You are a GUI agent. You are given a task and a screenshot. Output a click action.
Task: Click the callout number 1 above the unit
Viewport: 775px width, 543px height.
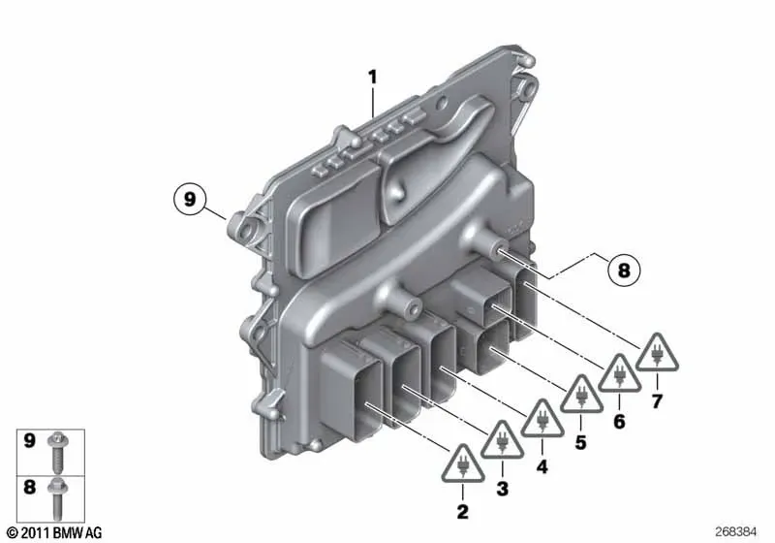point(373,78)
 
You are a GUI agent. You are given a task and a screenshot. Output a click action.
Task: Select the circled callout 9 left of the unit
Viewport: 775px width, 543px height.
point(190,200)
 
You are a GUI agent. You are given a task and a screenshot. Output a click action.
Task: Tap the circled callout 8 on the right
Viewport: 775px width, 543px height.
point(624,270)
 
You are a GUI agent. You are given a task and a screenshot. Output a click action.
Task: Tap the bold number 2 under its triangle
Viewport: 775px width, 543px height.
point(463,511)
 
